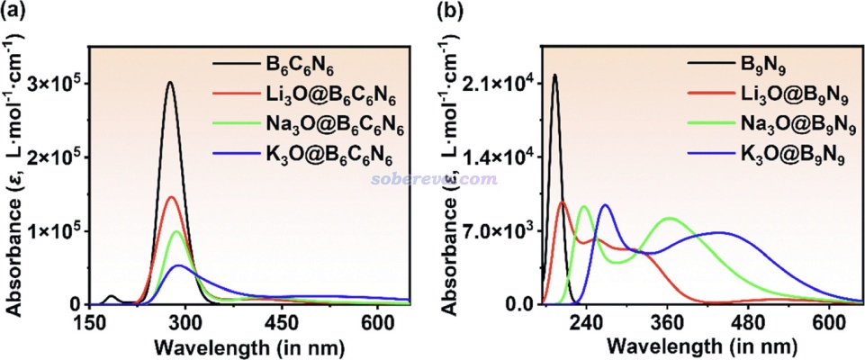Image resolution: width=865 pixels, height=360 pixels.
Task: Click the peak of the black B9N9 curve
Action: pos(554,75)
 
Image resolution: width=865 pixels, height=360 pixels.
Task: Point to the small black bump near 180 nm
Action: pos(111,296)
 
